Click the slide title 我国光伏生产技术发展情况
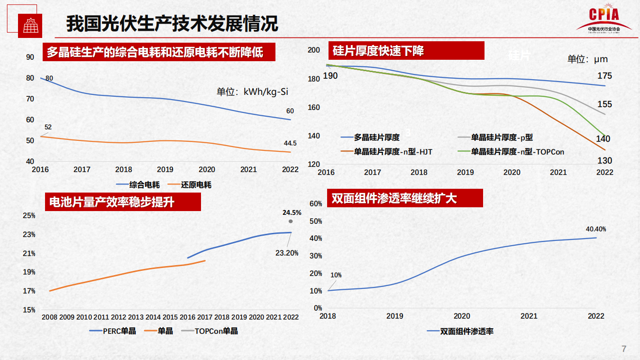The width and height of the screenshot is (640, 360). coord(172,23)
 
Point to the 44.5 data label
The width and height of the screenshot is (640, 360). coord(290,143)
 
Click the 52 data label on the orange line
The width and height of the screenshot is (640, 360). coord(48,127)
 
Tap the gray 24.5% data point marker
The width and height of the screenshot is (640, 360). coord(291,221)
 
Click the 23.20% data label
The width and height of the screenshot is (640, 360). coord(287,253)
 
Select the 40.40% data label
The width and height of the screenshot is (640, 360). coord(596,229)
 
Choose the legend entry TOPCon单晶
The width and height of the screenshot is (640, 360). coord(216,331)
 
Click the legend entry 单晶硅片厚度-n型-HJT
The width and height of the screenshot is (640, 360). coord(393,152)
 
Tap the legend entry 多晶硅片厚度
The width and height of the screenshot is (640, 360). coord(377,138)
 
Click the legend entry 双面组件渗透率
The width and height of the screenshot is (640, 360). coord(467,331)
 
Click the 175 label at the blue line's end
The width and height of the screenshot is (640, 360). coord(604,76)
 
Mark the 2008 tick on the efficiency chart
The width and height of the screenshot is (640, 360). coord(49,317)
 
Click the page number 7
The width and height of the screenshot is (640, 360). coord(624,349)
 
